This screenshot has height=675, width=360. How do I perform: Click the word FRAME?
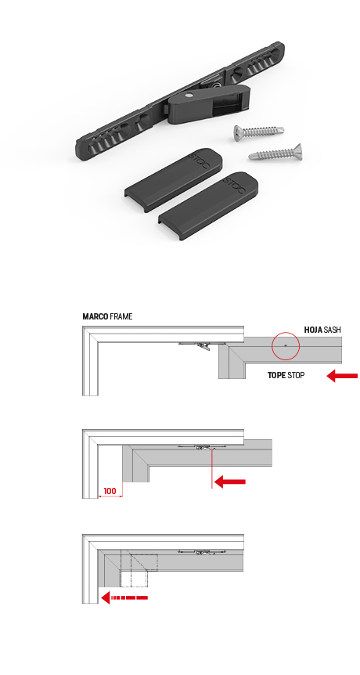pyautogui.click(x=121, y=317)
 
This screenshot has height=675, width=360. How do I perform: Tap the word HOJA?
pyautogui.click(x=313, y=330)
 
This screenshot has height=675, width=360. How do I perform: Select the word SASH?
pyautogui.click(x=333, y=330)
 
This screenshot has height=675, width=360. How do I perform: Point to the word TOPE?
pyautogui.click(x=276, y=375)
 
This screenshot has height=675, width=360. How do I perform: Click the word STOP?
pyautogui.click(x=296, y=375)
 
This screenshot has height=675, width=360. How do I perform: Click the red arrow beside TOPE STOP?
pyautogui.click(x=342, y=376)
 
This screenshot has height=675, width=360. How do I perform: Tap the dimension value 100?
pyautogui.click(x=110, y=491)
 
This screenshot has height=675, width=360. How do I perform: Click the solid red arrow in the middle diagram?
pyautogui.click(x=229, y=482)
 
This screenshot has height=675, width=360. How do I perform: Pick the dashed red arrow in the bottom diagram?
pyautogui.click(x=124, y=597)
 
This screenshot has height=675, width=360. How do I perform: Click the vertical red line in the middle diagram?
pyautogui.click(x=212, y=468)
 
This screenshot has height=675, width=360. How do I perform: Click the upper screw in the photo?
pyautogui.click(x=258, y=131)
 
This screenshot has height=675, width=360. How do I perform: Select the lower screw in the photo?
pyautogui.click(x=275, y=153)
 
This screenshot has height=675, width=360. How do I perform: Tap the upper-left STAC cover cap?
pyautogui.click(x=175, y=179)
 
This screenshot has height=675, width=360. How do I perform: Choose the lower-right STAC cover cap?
pyautogui.click(x=209, y=205)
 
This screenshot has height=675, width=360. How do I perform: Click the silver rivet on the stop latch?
pyautogui.click(x=189, y=95)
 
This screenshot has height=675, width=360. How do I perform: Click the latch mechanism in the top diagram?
pyautogui.click(x=203, y=345)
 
